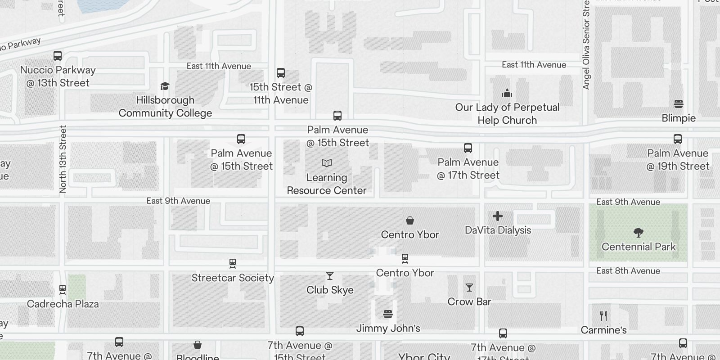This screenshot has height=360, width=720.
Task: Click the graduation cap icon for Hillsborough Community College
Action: coord(165,86)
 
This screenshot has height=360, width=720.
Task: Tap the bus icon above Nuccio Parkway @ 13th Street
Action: coord(58,56)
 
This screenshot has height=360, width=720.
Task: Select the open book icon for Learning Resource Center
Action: coord(327,163)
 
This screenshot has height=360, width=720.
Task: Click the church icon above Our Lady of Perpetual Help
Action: coord(507,93)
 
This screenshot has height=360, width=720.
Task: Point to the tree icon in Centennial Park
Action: coord(638,233)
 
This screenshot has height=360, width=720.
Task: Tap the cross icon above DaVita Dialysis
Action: coord(498,216)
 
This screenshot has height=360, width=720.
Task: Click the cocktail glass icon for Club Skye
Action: coord(330,276)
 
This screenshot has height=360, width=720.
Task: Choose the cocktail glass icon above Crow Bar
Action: coord(469,288)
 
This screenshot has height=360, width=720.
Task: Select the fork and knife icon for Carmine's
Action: coord(603,316)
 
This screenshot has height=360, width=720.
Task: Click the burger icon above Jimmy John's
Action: coord(388,314)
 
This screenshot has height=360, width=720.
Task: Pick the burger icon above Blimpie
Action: coord(679,104)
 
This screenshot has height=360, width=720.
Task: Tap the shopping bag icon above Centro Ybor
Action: coord(410,220)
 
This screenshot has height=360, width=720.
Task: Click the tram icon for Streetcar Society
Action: coord(233,263)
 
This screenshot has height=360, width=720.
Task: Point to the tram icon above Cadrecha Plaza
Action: coord(63,289)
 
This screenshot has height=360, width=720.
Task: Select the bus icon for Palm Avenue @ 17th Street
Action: coord(468,148)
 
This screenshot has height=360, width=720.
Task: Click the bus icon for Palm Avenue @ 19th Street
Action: coord(678,139)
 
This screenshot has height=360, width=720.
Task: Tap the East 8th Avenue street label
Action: coord(628,271)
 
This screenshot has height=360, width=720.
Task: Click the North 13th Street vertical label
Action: coord(63,159)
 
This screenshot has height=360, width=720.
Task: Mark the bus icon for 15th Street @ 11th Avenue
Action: coord(281,73)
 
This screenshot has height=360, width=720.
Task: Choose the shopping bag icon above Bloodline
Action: coord(198,345)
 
